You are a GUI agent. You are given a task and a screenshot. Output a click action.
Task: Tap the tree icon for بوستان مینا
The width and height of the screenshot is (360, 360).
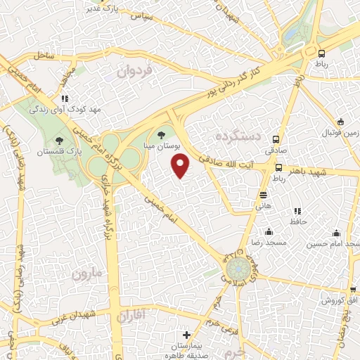click(162, 134)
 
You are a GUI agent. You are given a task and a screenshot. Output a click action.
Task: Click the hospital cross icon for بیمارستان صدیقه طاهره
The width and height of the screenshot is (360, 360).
click(186, 335)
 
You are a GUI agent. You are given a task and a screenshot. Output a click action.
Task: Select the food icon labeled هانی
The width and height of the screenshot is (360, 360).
click(263, 195)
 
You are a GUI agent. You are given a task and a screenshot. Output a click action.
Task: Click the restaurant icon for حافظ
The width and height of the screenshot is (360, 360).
click(297, 210)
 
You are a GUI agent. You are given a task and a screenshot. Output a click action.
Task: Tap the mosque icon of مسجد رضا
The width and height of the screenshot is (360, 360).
click(268, 231)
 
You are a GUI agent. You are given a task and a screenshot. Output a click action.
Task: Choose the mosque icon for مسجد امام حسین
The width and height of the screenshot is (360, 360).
click(336, 233)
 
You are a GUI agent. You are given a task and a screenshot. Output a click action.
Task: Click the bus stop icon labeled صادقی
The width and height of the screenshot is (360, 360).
click(277, 139)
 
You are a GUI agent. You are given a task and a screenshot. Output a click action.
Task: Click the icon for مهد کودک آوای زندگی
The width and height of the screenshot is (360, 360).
click(65, 99)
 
